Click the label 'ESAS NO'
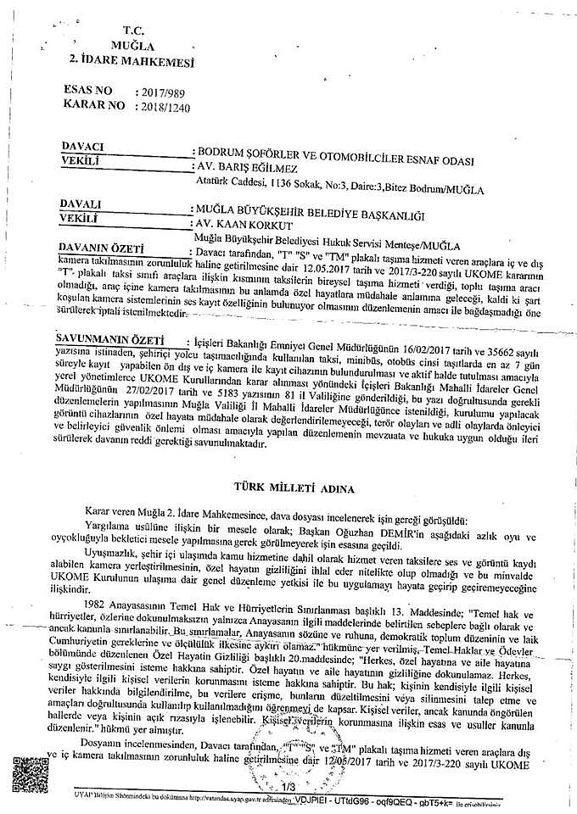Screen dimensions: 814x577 point(87,90)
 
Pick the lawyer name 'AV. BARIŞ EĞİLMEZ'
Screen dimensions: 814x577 point(251,167)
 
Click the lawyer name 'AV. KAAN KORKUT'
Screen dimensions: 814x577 point(244,225)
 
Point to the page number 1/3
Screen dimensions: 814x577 point(288,788)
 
